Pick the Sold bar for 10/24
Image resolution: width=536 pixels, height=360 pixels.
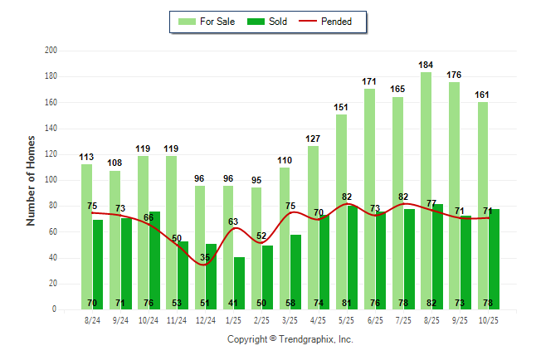click(155, 265)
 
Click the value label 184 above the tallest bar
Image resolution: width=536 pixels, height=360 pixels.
click(426, 65)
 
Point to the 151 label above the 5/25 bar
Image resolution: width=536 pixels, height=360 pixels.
click(341, 107)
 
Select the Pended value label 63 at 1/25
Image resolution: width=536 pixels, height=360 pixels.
click(234, 221)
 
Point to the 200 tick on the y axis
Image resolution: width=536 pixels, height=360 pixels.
click(51, 51)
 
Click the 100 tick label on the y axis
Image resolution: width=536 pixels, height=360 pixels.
click(51, 180)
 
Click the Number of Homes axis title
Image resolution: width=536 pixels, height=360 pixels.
click(31, 180)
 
